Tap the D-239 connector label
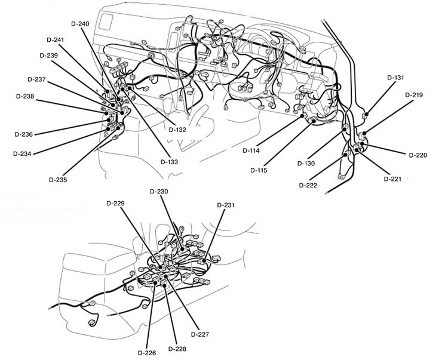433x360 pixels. pyautogui.click(x=49, y=55)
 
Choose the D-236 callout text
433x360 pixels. pyautogui.click(x=23, y=134)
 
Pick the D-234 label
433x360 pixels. pyautogui.click(x=23, y=153)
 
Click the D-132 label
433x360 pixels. pyautogui.click(x=178, y=130)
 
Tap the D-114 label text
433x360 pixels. pyautogui.click(x=251, y=150)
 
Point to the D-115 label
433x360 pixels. pyautogui.click(x=259, y=170)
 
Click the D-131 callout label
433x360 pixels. pyautogui.click(x=395, y=78)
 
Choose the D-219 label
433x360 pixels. pyautogui.click(x=414, y=94)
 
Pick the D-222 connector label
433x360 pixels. pyautogui.click(x=308, y=185)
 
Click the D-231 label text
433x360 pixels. pyautogui.click(x=226, y=205)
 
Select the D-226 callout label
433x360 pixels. pyautogui.click(x=148, y=353)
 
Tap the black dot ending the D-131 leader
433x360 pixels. pyautogui.click(x=366, y=113)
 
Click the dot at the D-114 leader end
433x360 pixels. pyautogui.click(x=304, y=115)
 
